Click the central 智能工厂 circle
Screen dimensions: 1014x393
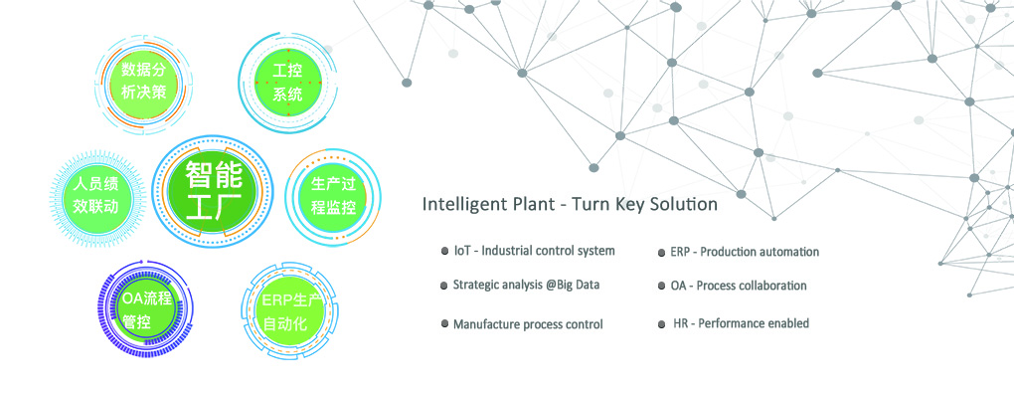214,192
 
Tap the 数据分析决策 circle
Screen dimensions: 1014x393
143,81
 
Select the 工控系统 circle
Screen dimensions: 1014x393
287,82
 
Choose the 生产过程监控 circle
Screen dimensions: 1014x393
333,196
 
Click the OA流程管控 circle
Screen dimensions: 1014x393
146,308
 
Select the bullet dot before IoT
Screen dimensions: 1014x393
444,251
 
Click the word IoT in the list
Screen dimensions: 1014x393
461,251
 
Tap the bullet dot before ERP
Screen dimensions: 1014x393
661,253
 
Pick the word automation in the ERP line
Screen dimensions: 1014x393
788,252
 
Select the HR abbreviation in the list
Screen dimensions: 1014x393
680,323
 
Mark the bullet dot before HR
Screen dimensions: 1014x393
661,323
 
